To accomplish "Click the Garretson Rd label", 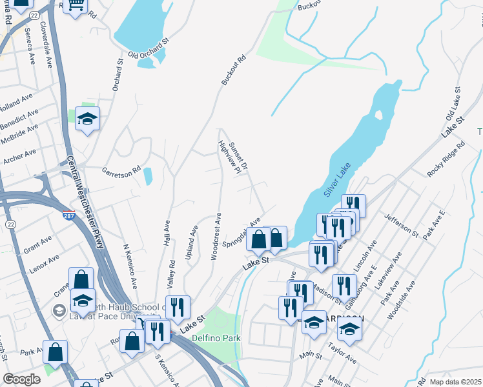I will click(121, 172).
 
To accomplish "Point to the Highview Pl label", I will click(229, 158).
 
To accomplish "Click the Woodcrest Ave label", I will click(217, 237).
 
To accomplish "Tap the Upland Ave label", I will click(192, 242).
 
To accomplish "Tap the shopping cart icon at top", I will click(76, 6).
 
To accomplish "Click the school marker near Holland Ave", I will click(87, 119).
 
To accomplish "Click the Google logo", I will click(21, 379).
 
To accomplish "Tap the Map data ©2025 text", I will click(455, 382).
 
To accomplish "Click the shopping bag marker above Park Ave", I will click(56, 352).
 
